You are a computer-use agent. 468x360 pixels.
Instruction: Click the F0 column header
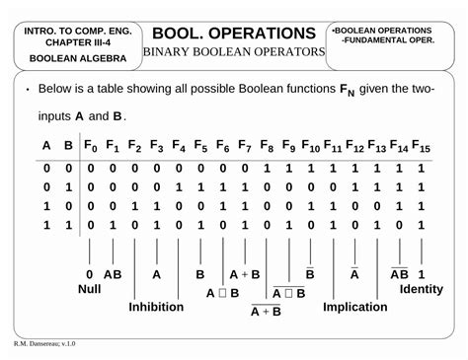[x=90, y=147]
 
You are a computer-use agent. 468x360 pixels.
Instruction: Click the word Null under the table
[x=90, y=290]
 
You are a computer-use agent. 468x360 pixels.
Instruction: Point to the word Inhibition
[x=157, y=307]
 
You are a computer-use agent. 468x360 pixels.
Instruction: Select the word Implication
[x=355, y=307]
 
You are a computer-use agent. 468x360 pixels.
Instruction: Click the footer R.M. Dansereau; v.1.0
[x=44, y=344]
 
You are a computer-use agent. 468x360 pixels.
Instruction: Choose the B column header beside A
[x=68, y=147]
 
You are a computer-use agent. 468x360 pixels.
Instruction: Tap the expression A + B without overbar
[x=244, y=274]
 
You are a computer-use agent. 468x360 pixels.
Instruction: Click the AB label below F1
[x=113, y=274]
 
